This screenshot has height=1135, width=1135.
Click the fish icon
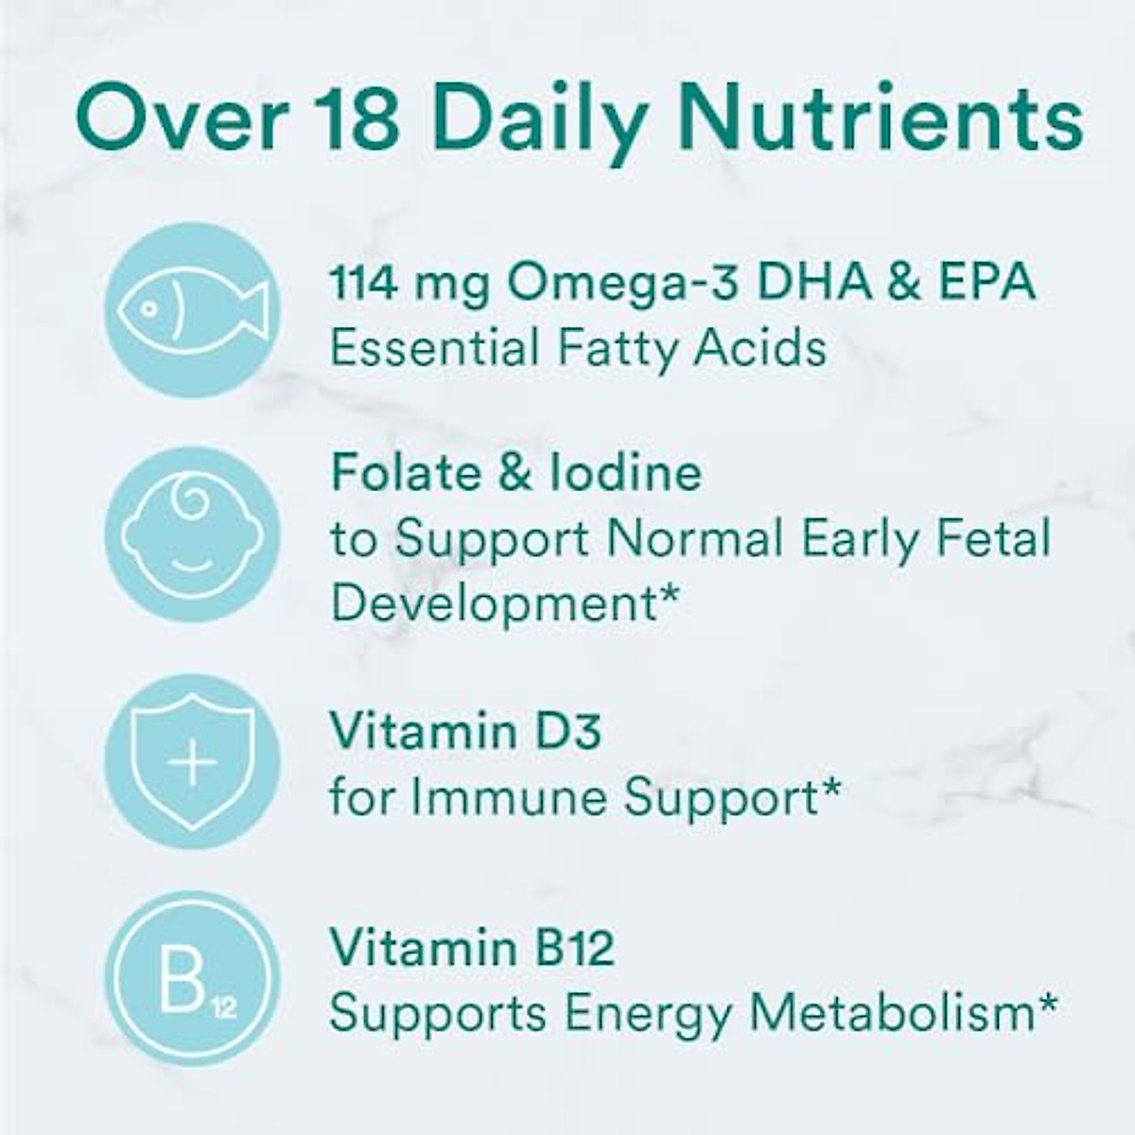point(191,309)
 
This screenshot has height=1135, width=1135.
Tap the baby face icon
point(191,535)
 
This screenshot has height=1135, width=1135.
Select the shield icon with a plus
point(192,761)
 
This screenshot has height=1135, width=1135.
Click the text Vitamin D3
point(464,730)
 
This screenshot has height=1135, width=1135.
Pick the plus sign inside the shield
point(192,762)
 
